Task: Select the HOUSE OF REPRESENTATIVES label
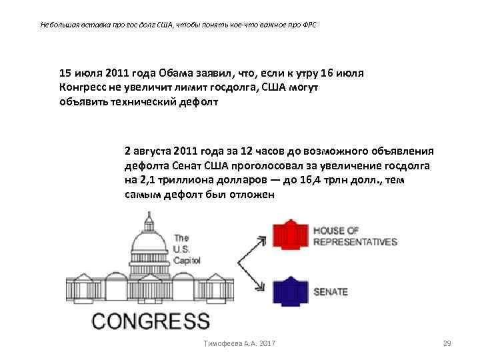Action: tap(354, 236)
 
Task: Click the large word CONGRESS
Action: tap(151, 321)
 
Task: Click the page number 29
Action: tap(447, 343)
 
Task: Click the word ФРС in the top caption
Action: tap(309, 25)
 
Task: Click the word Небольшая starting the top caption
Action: tap(59, 25)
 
